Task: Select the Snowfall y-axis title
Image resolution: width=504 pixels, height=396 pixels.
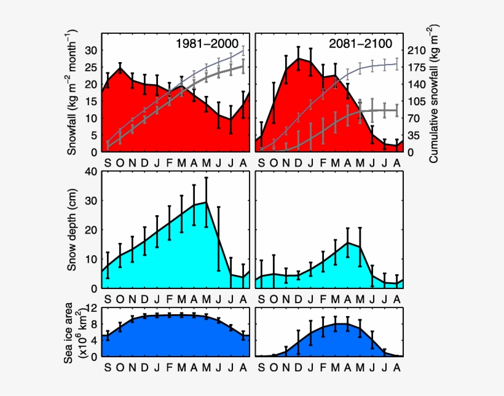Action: (x=73, y=92)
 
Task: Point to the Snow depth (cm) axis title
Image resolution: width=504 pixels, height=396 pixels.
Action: (x=73, y=229)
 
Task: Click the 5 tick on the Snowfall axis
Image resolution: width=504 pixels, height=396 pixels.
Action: (x=93, y=135)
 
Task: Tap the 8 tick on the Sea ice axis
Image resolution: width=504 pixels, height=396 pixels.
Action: (x=93, y=324)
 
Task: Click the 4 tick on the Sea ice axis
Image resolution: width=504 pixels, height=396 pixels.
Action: (x=93, y=340)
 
